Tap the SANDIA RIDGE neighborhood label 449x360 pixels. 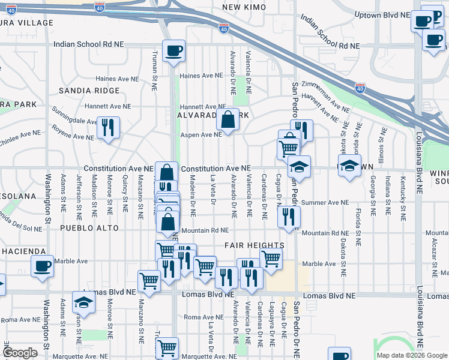point(89,91)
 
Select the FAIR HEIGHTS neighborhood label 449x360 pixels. point(255,245)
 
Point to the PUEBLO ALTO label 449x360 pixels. point(86,229)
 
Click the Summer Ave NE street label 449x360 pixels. point(327,203)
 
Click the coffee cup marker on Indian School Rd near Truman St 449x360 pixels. point(173,50)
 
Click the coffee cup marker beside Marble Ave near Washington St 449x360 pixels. point(42,266)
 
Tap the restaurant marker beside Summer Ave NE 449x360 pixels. point(289,217)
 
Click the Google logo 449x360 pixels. point(20,353)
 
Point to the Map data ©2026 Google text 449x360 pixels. point(411,355)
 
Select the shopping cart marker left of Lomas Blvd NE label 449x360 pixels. point(149,280)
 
